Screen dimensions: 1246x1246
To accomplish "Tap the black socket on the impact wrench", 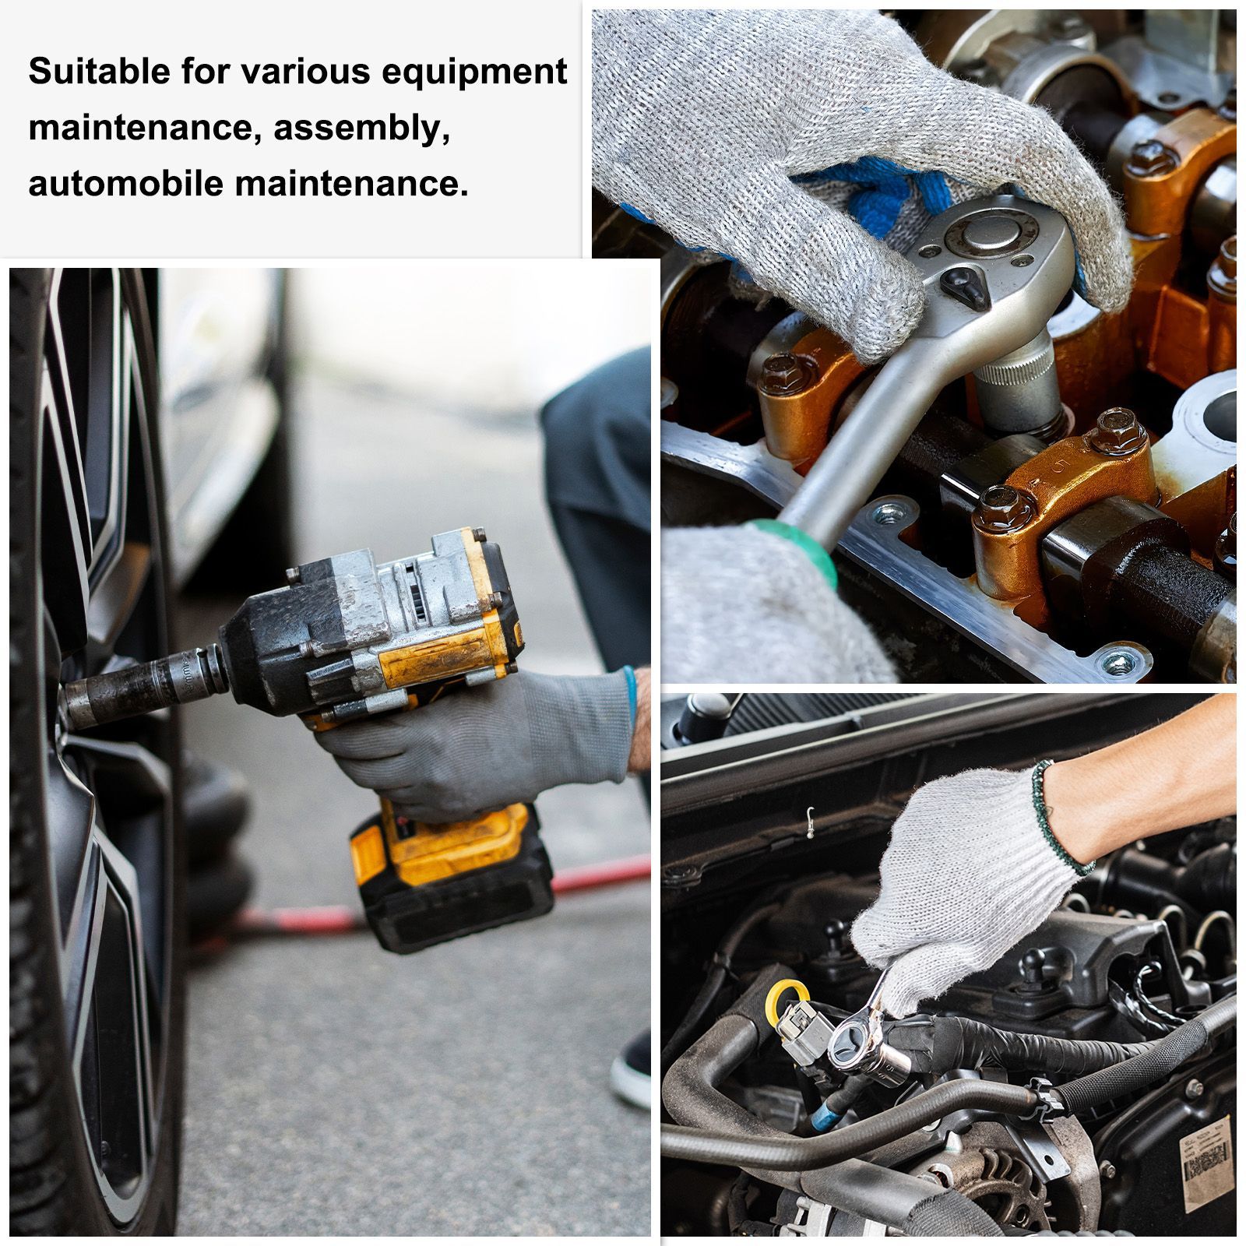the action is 140,686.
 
